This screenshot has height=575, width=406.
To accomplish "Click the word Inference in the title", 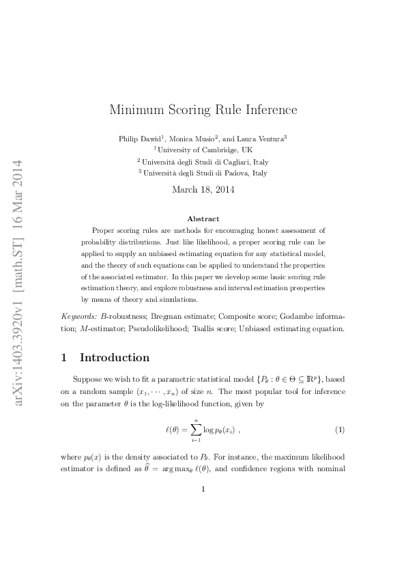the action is click(x=267, y=109).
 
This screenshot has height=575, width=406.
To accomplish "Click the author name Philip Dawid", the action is click(x=140, y=138).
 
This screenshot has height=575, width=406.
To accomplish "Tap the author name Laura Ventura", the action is click(x=262, y=138).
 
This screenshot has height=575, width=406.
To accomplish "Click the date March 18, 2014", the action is click(x=203, y=189).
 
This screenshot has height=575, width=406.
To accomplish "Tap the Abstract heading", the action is click(x=203, y=219).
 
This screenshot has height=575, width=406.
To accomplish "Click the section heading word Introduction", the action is click(x=115, y=357).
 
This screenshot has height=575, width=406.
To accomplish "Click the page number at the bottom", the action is click(x=203, y=488).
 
